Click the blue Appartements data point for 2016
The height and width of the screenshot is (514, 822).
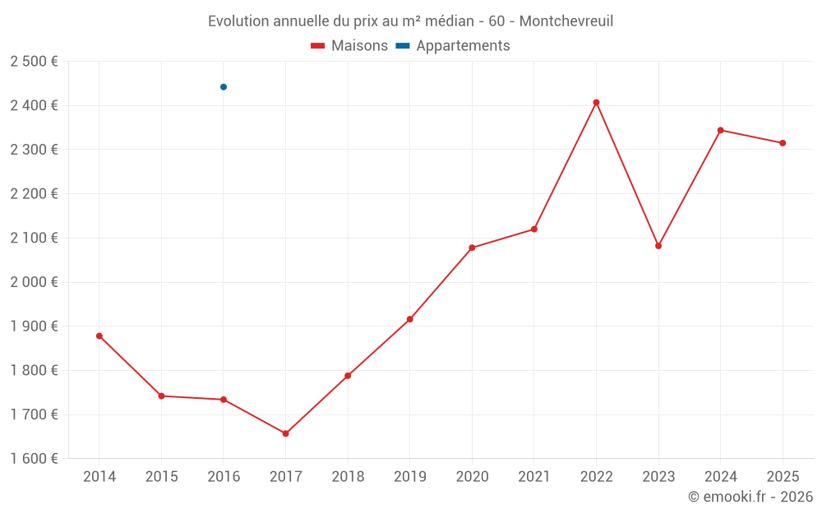pyautogui.click(x=224, y=87)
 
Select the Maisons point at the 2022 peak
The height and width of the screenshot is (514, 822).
pyautogui.click(x=596, y=103)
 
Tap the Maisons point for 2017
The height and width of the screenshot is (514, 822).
pyautogui.click(x=285, y=433)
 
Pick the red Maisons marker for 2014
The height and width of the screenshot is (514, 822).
pyautogui.click(x=99, y=336)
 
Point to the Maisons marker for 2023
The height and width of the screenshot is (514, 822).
pyautogui.click(x=658, y=246)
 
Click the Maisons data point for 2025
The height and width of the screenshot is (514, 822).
pyautogui.click(x=783, y=143)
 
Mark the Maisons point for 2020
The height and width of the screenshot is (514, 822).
pyautogui.click(x=472, y=248)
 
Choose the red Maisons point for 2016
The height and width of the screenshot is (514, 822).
pyautogui.click(x=224, y=400)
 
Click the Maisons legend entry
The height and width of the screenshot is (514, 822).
pyautogui.click(x=349, y=46)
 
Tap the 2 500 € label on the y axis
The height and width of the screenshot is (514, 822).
pyautogui.click(x=34, y=62)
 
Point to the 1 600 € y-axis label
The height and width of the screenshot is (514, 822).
pyautogui.click(x=34, y=459)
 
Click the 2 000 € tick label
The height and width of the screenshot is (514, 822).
pyautogui.click(x=34, y=282)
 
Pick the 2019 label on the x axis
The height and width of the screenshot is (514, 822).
pyautogui.click(x=410, y=477)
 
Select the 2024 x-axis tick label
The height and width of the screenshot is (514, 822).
pyautogui.click(x=720, y=477)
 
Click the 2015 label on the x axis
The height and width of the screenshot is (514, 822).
pyautogui.click(x=161, y=477)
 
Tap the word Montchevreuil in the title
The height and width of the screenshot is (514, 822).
pyautogui.click(x=566, y=21)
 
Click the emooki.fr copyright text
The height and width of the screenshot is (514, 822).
pyautogui.click(x=750, y=497)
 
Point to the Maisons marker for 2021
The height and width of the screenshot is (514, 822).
pyautogui.click(x=534, y=229)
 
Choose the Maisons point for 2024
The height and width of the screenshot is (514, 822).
pyautogui.click(x=720, y=130)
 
